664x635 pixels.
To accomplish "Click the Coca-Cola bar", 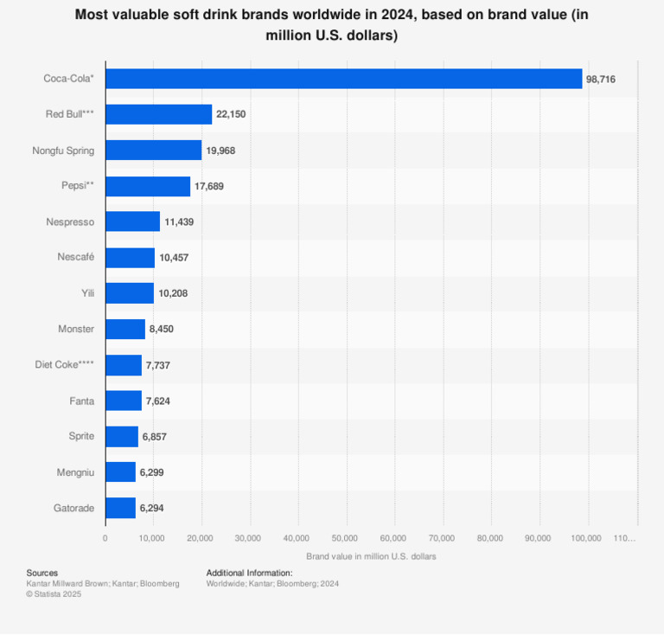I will pyautogui.click(x=343, y=79).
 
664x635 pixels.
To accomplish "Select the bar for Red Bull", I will pyautogui.click(x=158, y=114).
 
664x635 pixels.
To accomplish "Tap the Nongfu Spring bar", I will pyautogui.click(x=153, y=151).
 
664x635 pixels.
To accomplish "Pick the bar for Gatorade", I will pyautogui.click(x=120, y=508).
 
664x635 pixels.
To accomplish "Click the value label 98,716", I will pyautogui.click(x=601, y=79).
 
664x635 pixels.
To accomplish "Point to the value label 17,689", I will pyautogui.click(x=209, y=186).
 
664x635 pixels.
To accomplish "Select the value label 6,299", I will pyautogui.click(x=155, y=472).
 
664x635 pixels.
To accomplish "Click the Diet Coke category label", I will pyautogui.click(x=65, y=365).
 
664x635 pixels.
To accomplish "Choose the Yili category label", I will pyautogui.click(x=86, y=293).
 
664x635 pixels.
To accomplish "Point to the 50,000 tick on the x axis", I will pyautogui.click(x=345, y=538).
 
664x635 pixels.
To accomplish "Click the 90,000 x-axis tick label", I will pyautogui.click(x=538, y=538).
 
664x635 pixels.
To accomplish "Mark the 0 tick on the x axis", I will pyautogui.click(x=105, y=538).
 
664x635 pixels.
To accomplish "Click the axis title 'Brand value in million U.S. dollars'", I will pyautogui.click(x=371, y=556).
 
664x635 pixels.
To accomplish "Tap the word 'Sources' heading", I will pyautogui.click(x=42, y=573).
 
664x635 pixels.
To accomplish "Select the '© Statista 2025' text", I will pyautogui.click(x=54, y=594).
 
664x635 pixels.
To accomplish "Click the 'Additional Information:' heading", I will pyautogui.click(x=249, y=573).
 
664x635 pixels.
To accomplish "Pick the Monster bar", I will pyautogui.click(x=125, y=329).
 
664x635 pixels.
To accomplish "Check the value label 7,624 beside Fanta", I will pyautogui.click(x=160, y=401).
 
